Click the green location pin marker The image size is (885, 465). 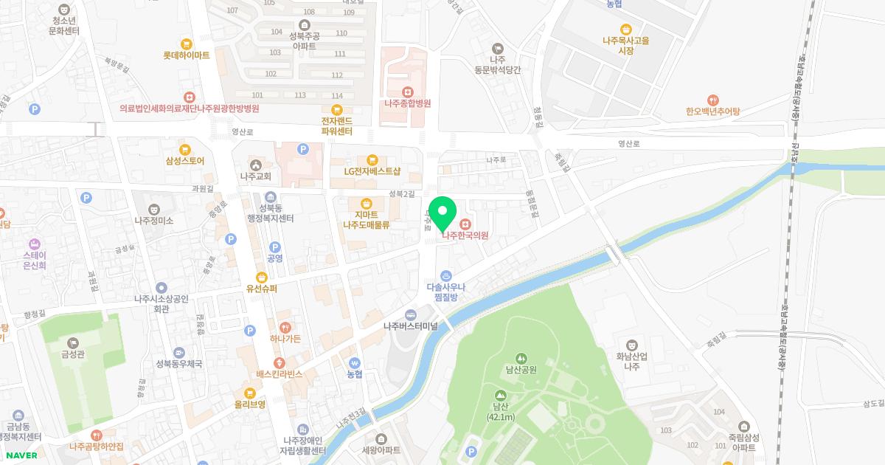[x=442, y=213]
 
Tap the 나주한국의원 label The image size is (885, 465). [x=465, y=235]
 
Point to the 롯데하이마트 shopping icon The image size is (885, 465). [x=186, y=44]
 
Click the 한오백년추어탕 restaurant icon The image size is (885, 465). [x=712, y=100]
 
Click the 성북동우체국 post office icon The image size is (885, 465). [x=178, y=352]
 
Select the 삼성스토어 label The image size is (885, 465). [x=184, y=160]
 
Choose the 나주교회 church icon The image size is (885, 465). [x=256, y=165]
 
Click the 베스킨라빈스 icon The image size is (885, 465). [x=280, y=362]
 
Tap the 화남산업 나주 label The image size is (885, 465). [x=631, y=361]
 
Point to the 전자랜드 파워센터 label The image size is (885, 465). [x=336, y=126]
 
